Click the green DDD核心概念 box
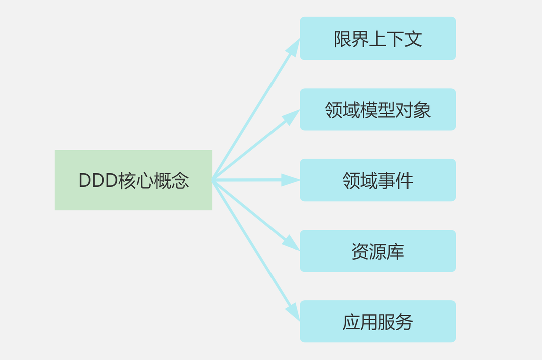[133, 180]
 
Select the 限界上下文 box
[377, 39]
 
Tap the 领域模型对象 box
[377, 110]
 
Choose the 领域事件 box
[377, 180]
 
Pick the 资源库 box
[377, 251]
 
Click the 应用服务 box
[377, 321]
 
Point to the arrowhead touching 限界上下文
[294, 46]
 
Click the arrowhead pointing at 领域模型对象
[291, 116]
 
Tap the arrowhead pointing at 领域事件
[290, 180]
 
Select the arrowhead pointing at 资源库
[291, 243]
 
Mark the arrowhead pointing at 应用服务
[293, 312]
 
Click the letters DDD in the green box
[98, 181]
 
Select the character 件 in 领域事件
[404, 181]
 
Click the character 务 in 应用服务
[404, 322]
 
